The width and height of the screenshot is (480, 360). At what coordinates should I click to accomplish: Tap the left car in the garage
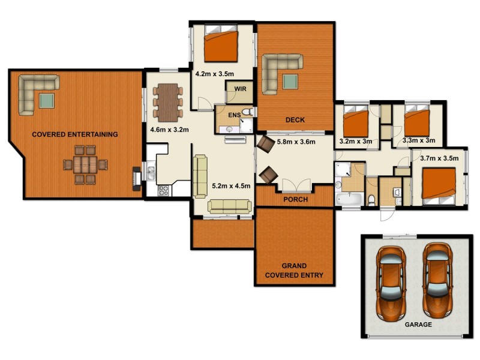(390, 281)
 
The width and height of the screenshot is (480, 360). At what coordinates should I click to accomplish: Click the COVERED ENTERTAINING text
(75, 134)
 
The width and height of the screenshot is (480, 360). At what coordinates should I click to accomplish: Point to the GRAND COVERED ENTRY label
(294, 271)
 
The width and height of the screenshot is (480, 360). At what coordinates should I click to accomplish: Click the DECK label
(295, 120)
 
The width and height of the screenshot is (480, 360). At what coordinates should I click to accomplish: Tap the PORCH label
(295, 199)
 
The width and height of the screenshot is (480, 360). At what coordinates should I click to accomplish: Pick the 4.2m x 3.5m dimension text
(214, 74)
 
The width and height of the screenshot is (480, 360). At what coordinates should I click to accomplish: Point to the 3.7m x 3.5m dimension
(439, 158)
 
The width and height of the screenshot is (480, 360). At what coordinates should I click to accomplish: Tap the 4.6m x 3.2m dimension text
(169, 129)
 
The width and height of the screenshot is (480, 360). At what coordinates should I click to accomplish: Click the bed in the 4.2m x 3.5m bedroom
(221, 44)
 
